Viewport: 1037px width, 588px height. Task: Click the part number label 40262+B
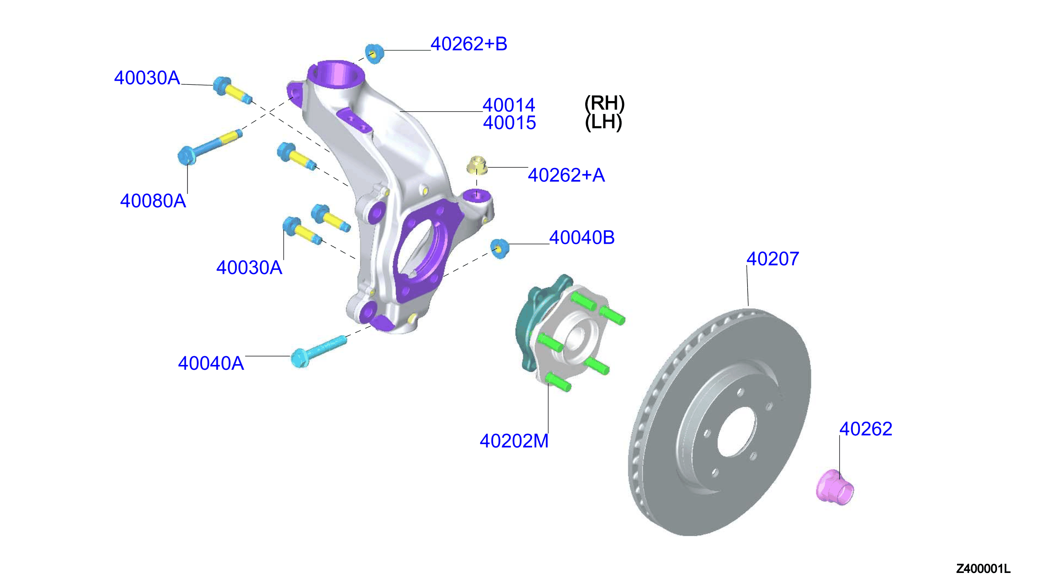click(x=468, y=44)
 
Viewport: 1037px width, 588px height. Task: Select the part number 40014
click(x=509, y=105)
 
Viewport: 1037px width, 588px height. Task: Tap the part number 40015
click(x=509, y=123)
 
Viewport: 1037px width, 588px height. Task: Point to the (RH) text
click(x=605, y=103)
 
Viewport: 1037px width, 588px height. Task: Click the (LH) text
click(x=604, y=122)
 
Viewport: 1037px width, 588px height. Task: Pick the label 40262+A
click(x=566, y=175)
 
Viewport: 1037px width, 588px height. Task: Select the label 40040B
click(x=582, y=237)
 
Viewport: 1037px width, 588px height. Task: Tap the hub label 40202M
click(x=514, y=441)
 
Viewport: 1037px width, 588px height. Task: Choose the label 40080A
click(x=153, y=201)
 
